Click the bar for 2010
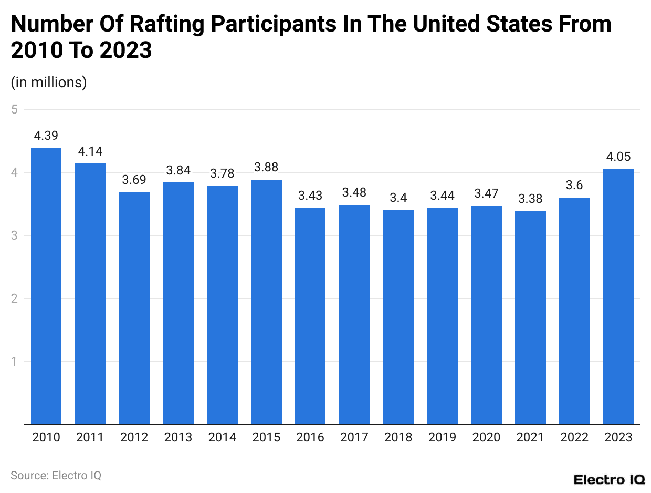(x=46, y=286)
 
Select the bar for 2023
(x=618, y=296)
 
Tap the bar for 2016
(x=310, y=316)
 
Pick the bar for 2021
(x=530, y=317)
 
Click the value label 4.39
(x=46, y=136)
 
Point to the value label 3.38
(x=530, y=199)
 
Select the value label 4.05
(x=618, y=157)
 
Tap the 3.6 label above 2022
(x=574, y=186)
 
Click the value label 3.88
(x=266, y=168)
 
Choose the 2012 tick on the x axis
(x=134, y=437)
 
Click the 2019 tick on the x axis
(x=442, y=437)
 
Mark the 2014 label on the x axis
(x=222, y=437)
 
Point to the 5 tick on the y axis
(x=15, y=109)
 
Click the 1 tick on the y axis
(x=15, y=362)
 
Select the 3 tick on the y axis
(x=15, y=235)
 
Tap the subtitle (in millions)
(x=49, y=83)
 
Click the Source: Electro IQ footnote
(x=56, y=475)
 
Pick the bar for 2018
(x=398, y=317)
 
